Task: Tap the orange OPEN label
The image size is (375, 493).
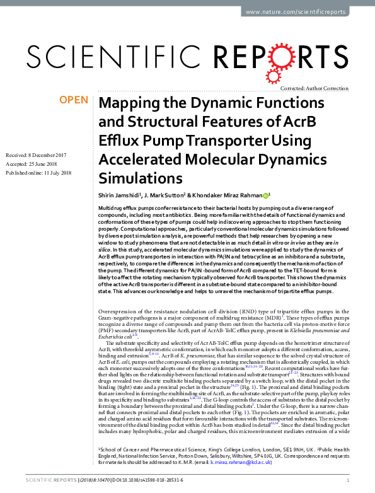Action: pyautogui.click(x=73, y=100)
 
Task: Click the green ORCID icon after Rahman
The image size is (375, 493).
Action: pyautogui.click(x=266, y=195)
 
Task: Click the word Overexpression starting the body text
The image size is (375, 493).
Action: pyautogui.click(x=120, y=311)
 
